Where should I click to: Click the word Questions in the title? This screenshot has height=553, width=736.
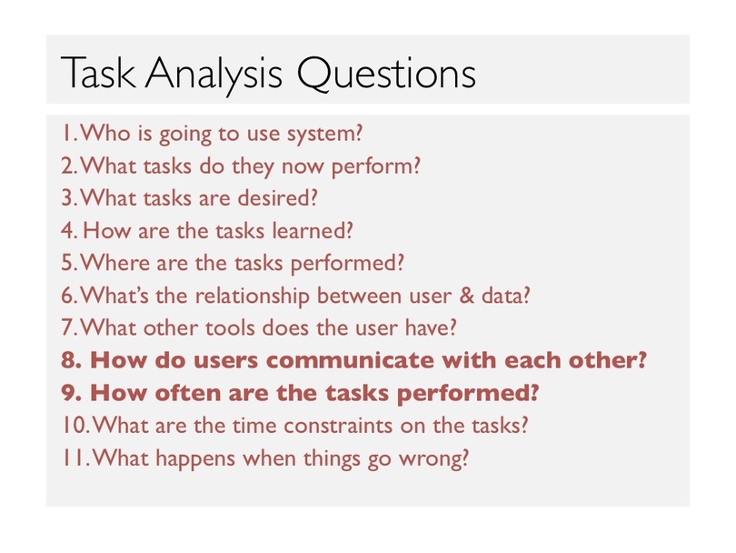click(x=386, y=74)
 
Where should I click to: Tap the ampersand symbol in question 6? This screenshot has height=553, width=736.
click(x=466, y=295)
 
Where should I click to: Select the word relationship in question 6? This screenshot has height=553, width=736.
click(x=252, y=297)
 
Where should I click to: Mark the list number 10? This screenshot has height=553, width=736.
click(x=75, y=426)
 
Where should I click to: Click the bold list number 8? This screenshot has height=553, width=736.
click(x=70, y=360)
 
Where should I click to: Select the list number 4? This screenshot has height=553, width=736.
click(x=68, y=230)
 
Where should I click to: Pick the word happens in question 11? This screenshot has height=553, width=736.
click(x=195, y=459)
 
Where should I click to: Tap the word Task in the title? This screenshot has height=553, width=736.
click(x=98, y=73)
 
